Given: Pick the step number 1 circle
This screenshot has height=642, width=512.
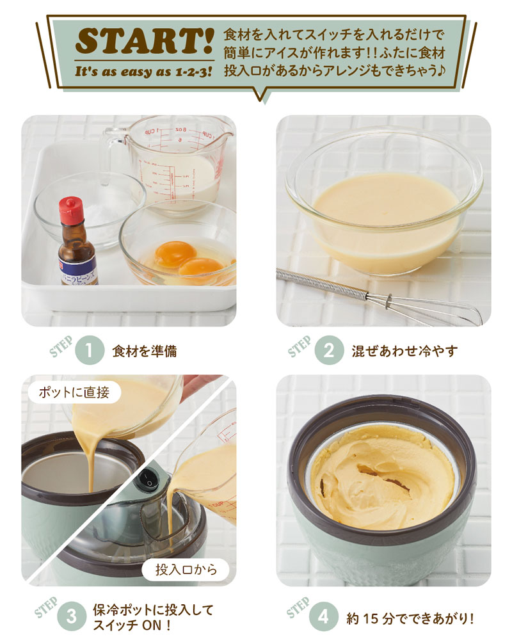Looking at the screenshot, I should click(90, 351).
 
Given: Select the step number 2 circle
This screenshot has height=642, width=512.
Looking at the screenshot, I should click(329, 351).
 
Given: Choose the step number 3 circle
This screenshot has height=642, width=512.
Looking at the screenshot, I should click(72, 616).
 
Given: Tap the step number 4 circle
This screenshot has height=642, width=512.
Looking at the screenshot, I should click(323, 616).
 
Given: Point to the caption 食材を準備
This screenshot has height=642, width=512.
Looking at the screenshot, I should click(144, 351).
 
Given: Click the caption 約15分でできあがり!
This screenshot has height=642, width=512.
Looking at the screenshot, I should click(410, 618).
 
